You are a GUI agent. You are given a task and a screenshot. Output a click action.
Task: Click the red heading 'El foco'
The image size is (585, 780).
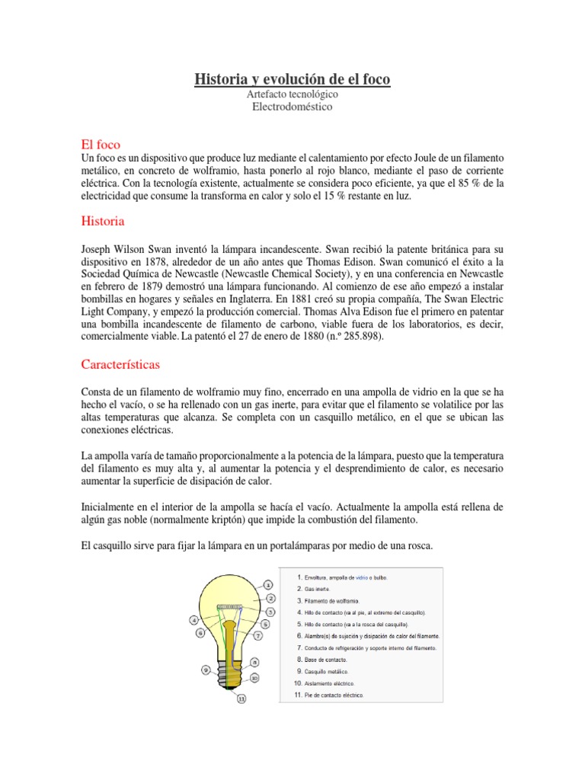click(x=101, y=144)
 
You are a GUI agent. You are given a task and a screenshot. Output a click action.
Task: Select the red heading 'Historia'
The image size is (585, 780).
click(x=102, y=222)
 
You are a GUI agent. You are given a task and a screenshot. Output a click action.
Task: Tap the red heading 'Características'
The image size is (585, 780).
click(x=120, y=364)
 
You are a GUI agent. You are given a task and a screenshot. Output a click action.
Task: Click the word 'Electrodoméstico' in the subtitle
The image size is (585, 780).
click(x=292, y=107)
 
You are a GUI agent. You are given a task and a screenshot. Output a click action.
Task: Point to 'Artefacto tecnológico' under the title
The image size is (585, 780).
click(x=292, y=94)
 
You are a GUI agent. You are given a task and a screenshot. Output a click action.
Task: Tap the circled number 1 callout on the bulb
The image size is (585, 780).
click(x=268, y=584)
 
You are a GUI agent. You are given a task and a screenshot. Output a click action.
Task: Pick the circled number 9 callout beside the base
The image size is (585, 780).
click(x=205, y=670)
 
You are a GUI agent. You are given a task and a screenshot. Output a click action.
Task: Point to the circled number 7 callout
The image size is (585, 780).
click(x=258, y=635)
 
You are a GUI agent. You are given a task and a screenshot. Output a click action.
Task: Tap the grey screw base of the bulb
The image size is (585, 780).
click(x=228, y=668)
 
